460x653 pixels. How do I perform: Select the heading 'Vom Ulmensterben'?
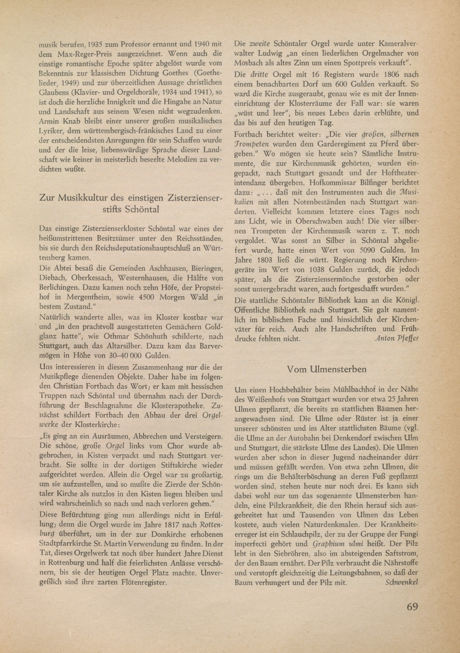click(327, 369)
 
